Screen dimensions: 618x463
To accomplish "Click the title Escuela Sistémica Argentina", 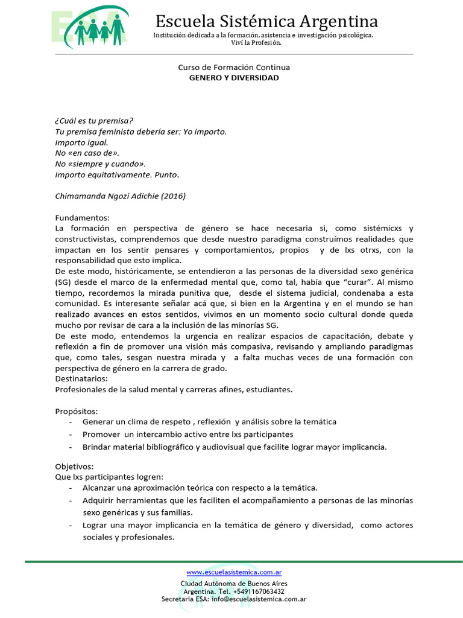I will point(266,22).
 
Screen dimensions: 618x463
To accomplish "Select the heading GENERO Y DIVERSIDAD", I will point(234,78).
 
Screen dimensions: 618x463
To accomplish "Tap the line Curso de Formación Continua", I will point(234,68).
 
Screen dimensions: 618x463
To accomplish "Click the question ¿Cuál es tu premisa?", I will point(94,120).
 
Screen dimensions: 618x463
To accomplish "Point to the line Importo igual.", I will point(81,142).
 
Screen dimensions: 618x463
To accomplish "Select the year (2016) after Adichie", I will point(174,196).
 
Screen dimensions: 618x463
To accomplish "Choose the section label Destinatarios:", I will point(81,378).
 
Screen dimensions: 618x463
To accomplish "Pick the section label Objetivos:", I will point(74,467).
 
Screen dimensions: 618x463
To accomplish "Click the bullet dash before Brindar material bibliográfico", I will point(72,447).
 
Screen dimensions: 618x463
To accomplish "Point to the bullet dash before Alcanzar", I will point(72,488).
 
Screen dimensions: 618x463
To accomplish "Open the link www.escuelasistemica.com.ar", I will point(234,572).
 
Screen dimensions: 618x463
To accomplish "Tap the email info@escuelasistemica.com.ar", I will point(259,599).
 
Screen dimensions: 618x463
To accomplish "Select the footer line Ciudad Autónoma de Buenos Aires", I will point(234,584).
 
